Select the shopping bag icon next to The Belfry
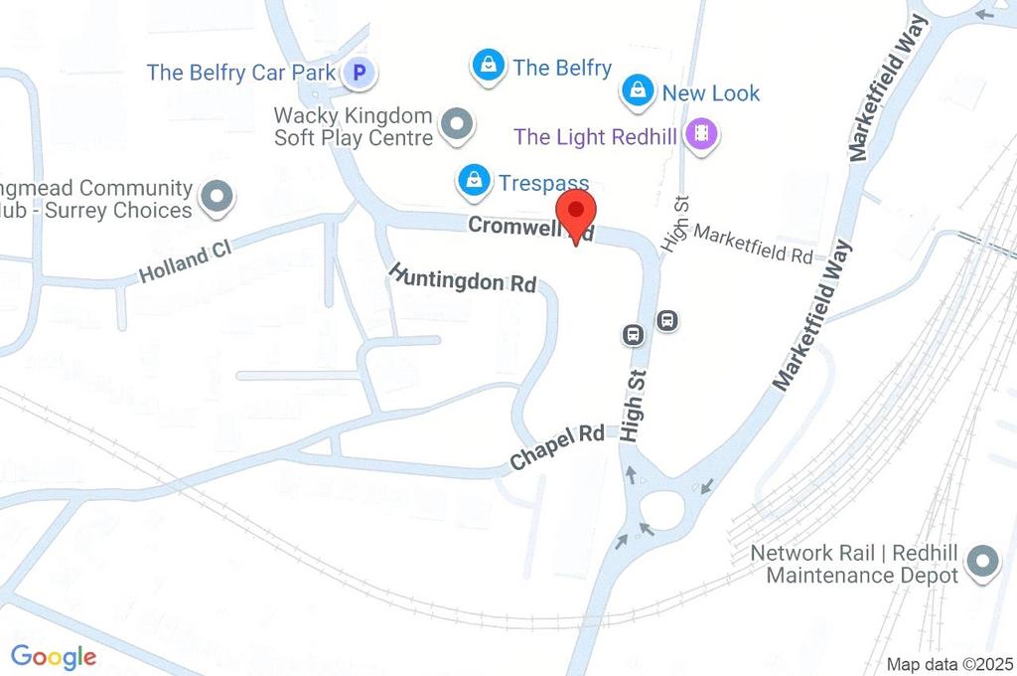[487, 68]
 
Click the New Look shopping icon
[636, 92]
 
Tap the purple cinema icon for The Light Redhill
[702, 135]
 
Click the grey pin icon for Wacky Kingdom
[457, 125]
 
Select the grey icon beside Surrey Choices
[215, 198]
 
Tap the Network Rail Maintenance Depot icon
[983, 563]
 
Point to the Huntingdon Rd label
[462, 277]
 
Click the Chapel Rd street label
[556, 447]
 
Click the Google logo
[54, 656]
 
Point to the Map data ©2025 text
[948, 664]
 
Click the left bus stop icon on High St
[632, 335]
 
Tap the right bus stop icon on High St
[668, 320]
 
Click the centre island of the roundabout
[663, 507]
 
